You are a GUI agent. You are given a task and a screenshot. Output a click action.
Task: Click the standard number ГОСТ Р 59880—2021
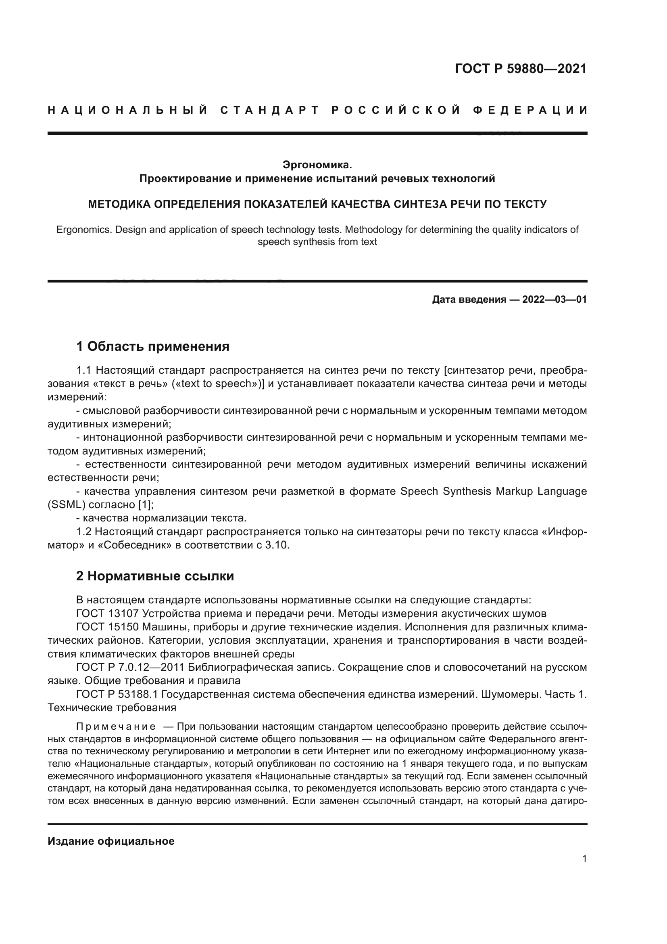pyautogui.click(x=520, y=69)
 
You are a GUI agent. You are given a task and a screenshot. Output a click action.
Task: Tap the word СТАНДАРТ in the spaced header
pyautogui.click(x=269, y=110)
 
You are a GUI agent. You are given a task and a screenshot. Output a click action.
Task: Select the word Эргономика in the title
pyautogui.click(x=317, y=165)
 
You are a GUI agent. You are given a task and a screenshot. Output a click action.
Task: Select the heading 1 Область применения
pyautogui.click(x=152, y=346)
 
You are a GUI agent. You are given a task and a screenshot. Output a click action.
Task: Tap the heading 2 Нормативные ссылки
pyautogui.click(x=155, y=576)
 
